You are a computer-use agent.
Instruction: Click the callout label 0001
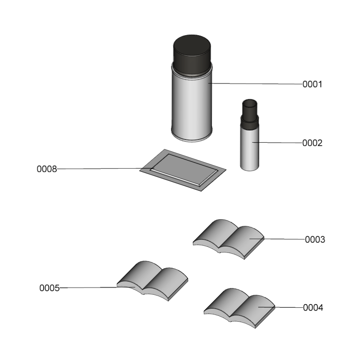[312, 84]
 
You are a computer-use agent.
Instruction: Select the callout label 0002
[312, 143]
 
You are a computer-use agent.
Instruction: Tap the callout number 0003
[315, 239]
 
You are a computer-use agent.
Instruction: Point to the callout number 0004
[313, 308]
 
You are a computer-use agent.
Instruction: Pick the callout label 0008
[47, 169]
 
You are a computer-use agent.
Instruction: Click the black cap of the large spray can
[192, 54]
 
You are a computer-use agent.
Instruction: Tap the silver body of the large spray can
[192, 106]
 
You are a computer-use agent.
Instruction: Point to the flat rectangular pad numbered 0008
[183, 170]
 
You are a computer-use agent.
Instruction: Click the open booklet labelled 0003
[229, 239]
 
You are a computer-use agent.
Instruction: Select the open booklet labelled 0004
[239, 308]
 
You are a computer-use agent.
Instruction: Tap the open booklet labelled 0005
[152, 281]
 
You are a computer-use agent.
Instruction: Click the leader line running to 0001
[255, 84]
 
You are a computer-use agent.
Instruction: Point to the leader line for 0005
[97, 288]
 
